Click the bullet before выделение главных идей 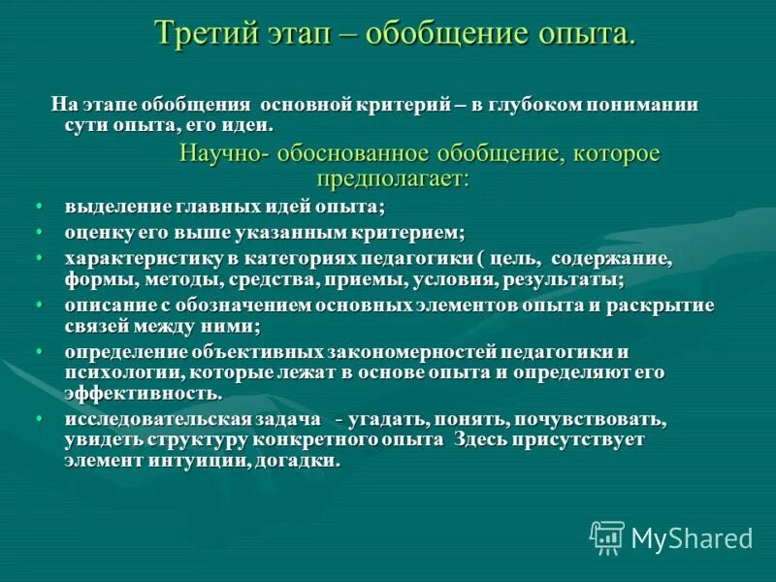[x=40, y=207]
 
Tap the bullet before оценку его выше [x=40, y=233]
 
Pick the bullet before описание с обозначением [x=40, y=305]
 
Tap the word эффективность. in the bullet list [x=144, y=394]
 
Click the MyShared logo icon [x=607, y=536]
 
